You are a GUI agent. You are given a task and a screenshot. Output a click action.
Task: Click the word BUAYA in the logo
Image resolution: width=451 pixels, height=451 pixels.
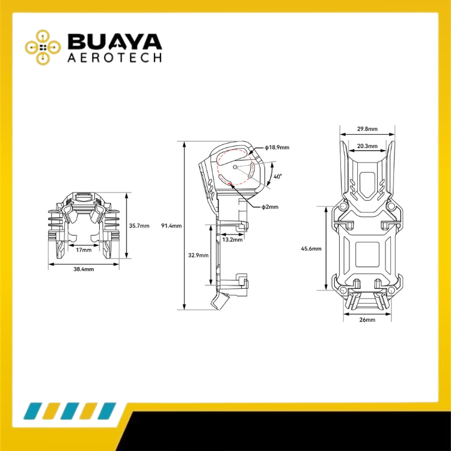coord(114,41)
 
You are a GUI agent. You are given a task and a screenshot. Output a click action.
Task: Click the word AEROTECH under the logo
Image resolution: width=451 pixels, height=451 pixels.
coord(114,58)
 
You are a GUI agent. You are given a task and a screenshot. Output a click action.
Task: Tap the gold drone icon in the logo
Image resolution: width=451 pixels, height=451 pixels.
coord(43,47)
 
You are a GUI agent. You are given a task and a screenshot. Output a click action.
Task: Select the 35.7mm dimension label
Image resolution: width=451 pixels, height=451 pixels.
coord(140,226)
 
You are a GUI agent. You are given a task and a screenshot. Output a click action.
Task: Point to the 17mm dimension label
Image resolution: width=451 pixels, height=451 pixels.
coord(84,250)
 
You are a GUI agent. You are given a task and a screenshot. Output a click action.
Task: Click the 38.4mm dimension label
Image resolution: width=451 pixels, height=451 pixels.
coord(84,269)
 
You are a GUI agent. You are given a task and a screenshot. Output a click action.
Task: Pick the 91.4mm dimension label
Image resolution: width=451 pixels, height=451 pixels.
coord(171,226)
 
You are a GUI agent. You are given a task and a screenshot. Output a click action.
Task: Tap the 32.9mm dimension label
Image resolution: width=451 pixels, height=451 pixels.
coord(198,255)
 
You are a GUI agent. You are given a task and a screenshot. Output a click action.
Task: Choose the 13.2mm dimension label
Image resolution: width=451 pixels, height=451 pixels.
coord(232,239)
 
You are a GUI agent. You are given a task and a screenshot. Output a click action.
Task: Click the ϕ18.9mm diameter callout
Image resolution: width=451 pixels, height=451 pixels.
coord(277,147)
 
